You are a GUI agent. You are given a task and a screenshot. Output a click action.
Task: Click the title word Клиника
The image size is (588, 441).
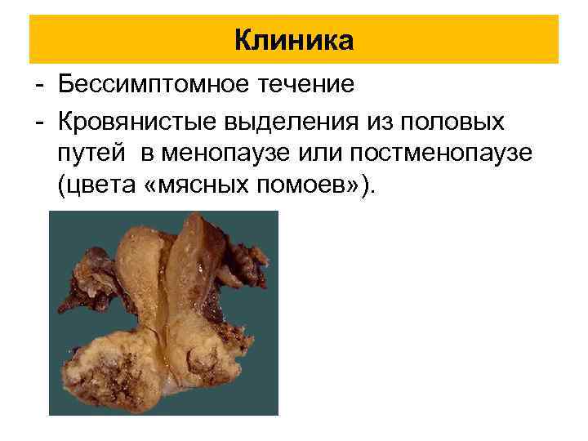(x=293, y=39)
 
